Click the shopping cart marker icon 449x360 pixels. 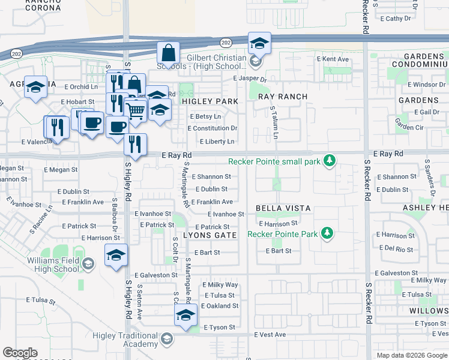(136, 110)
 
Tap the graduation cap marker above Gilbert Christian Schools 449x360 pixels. (259, 43)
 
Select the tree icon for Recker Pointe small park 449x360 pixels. (329, 161)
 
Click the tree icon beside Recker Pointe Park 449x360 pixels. (327, 233)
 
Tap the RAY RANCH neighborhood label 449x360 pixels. (283, 97)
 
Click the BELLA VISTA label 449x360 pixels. (283, 208)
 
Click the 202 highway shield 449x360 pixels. (225, 43)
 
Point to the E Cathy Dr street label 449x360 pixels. (396, 19)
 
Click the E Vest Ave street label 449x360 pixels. (270, 334)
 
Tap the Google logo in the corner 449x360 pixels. (20, 353)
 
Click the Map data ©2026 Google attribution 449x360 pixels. (412, 355)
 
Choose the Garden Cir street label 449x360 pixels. (409, 124)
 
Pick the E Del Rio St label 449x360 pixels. (394, 249)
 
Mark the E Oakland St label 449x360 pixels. (220, 305)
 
